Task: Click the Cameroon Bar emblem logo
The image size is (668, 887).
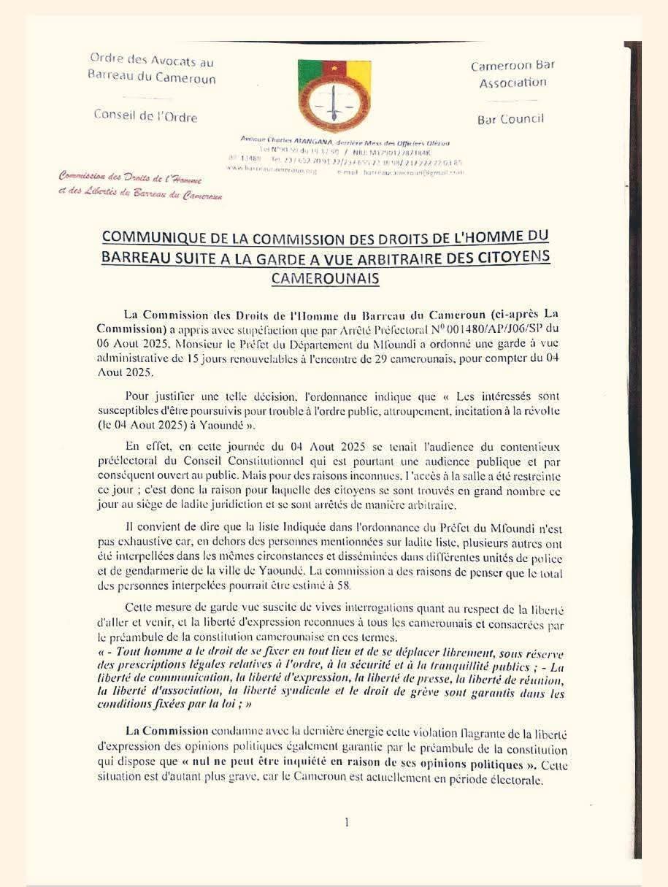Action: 334,93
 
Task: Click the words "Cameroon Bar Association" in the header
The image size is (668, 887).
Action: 512,74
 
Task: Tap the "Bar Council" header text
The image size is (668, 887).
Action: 510,119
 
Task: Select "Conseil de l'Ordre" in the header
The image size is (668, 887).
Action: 145,115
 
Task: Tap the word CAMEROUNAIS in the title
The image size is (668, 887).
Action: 325,278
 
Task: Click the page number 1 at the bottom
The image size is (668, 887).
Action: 346,822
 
